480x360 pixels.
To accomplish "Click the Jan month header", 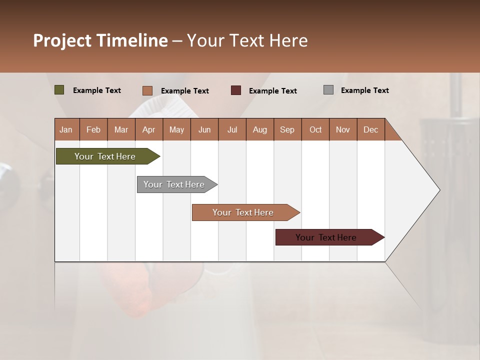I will (66, 130).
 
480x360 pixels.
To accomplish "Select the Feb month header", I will (93, 130).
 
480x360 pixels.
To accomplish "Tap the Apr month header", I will (148, 130).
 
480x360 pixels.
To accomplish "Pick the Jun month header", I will (204, 130).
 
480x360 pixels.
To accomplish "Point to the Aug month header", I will (260, 130).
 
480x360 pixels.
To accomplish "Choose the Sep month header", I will (287, 130).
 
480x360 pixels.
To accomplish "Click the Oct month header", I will (315, 130).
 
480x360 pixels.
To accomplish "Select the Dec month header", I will (370, 130).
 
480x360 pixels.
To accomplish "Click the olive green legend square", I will (59, 90).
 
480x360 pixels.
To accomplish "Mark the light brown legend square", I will (147, 90).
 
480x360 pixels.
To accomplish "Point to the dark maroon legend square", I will (236, 90).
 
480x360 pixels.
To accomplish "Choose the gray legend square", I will (328, 90).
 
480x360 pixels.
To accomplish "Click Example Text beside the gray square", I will (364, 90).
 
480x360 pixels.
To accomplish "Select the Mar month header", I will (121, 130).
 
